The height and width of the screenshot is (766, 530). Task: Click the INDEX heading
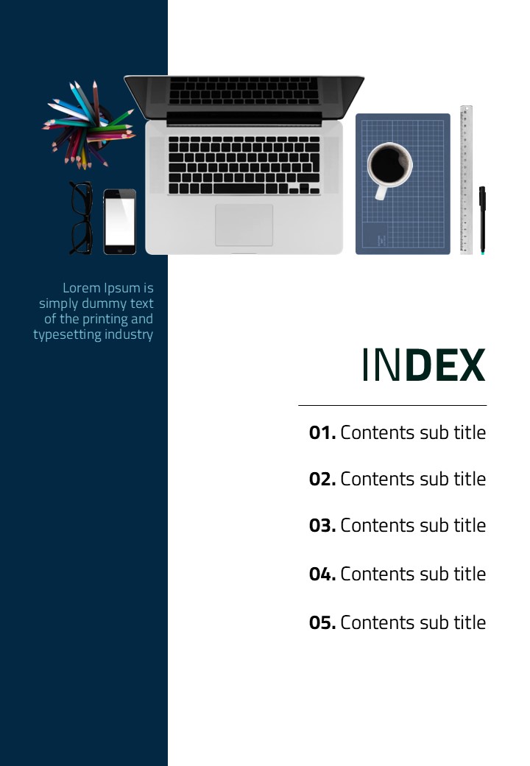tap(424, 365)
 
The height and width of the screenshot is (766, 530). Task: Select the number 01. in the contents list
tap(322, 433)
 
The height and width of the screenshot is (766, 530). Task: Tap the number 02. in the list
tap(322, 479)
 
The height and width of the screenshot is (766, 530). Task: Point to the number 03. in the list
tap(322, 526)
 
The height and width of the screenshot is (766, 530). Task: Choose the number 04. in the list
tap(322, 574)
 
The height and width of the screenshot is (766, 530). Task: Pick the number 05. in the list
tap(322, 623)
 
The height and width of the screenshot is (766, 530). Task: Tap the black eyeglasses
tap(81, 218)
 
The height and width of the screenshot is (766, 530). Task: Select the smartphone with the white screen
tap(120, 222)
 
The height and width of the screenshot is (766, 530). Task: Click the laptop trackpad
tap(244, 225)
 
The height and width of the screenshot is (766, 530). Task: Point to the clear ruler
tap(466, 180)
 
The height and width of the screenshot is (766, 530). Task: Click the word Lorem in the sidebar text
tap(81, 288)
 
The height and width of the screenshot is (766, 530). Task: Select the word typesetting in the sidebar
tap(66, 335)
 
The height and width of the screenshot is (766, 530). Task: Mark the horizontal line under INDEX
tap(392, 405)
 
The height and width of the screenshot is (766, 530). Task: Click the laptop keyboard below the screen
tap(244, 165)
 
